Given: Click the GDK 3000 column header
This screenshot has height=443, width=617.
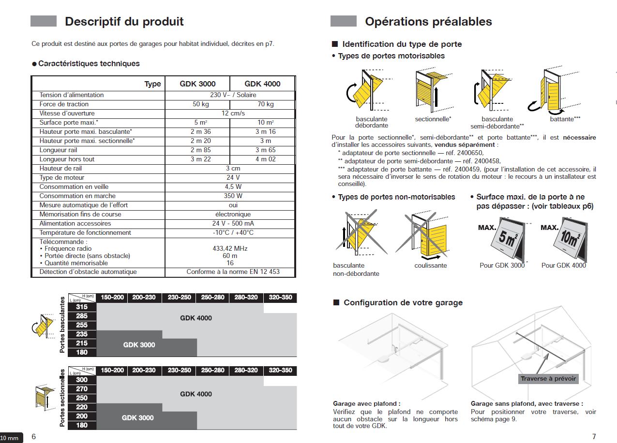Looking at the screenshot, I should point(197,84).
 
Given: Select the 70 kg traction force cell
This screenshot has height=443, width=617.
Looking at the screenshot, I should point(262,104).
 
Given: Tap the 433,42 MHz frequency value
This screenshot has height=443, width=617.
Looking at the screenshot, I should point(230,248).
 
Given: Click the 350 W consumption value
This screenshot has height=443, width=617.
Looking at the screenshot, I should point(230,196).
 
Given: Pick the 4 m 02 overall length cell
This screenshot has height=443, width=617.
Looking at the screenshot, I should point(262,159).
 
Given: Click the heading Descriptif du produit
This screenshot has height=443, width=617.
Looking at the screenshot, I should point(124,22).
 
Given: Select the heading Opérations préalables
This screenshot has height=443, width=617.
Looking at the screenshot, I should point(428,22).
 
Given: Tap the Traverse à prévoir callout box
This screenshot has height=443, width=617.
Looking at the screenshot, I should point(548,379).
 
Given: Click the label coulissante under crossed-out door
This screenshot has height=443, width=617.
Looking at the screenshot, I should point(431,265).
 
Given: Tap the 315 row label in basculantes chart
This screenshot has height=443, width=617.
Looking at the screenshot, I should point(82,307).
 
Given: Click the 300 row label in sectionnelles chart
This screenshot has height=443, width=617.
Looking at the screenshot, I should point(82,380).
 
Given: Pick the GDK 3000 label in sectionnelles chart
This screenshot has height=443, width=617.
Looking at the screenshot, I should point(137,418).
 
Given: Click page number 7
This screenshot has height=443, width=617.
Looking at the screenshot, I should point(594,437).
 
